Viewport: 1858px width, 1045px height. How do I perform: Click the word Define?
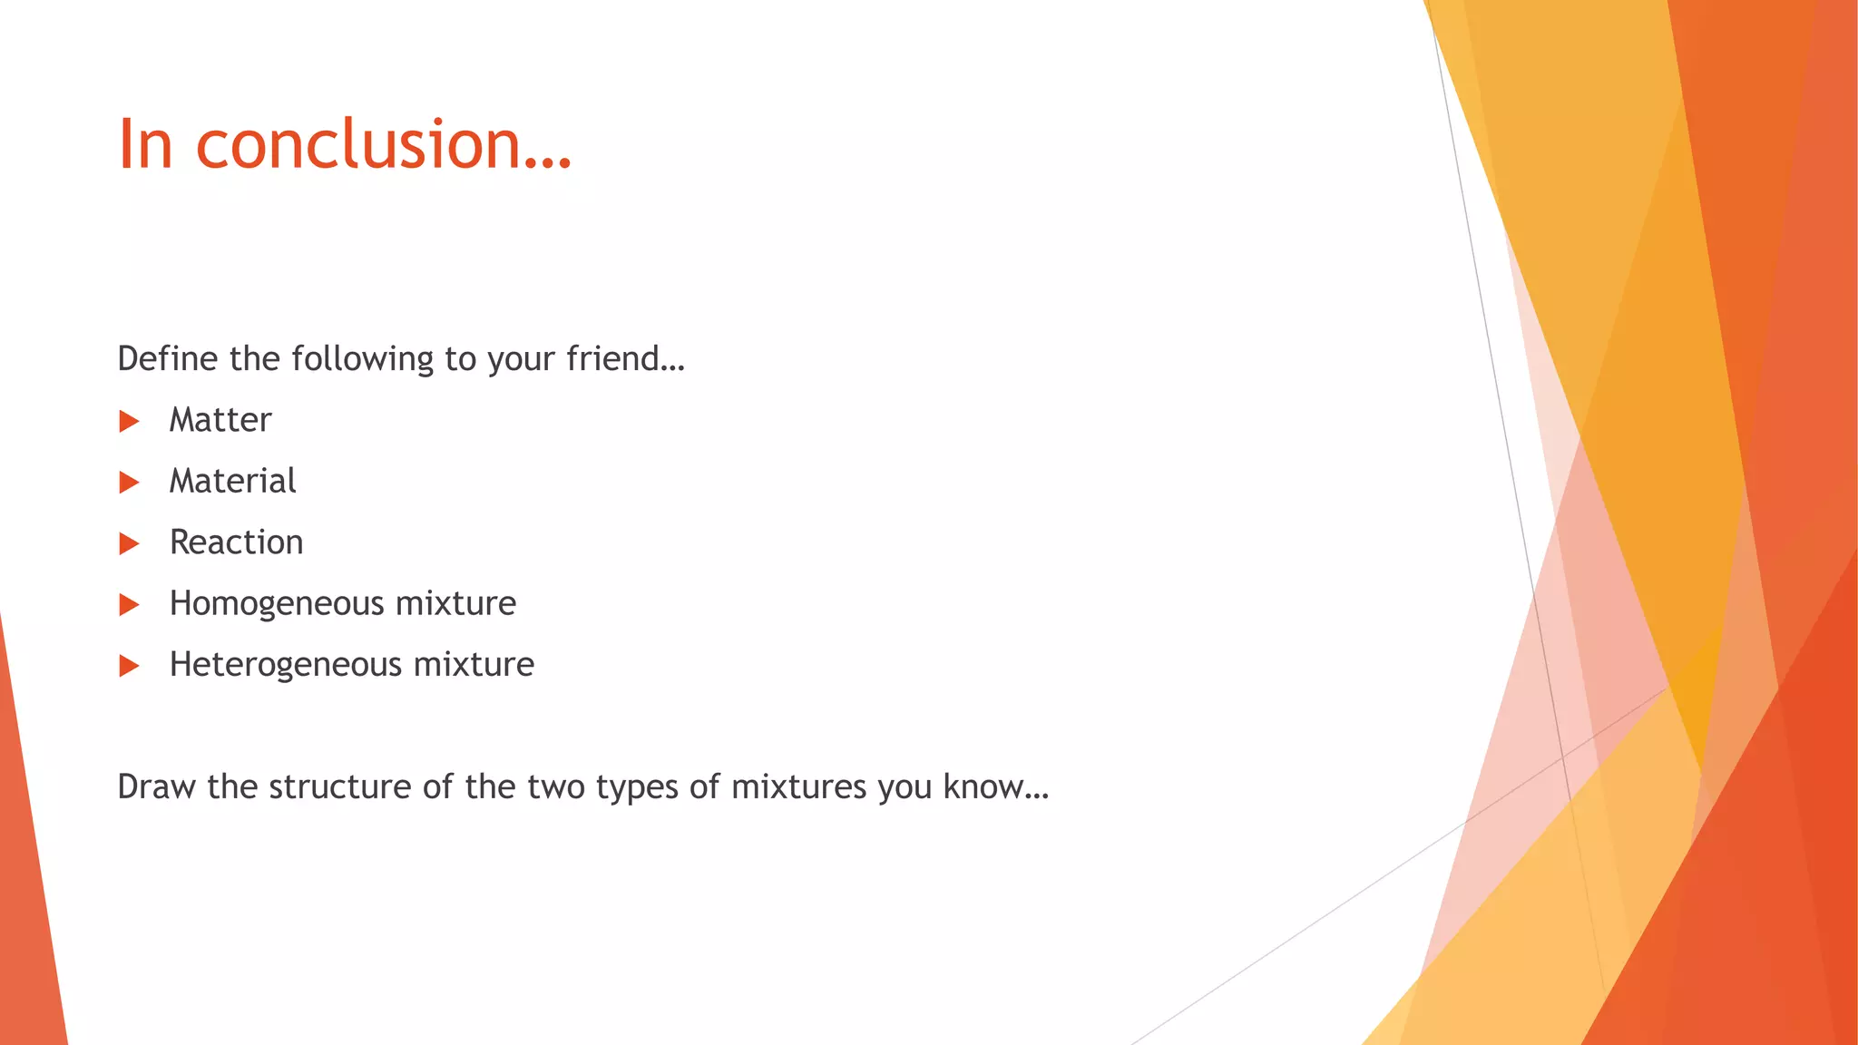tap(168, 359)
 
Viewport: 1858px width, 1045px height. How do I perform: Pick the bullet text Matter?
tap(220, 420)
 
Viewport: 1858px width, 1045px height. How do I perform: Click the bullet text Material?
tap(232, 481)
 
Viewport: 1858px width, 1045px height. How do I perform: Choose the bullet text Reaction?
tap(236, 542)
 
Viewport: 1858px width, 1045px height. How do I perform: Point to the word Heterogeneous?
tap(285, 665)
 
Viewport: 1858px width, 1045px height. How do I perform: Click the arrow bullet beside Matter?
tap(129, 421)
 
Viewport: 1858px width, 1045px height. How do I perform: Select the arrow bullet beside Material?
tap(129, 482)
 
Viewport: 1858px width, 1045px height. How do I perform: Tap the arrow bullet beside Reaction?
tap(129, 543)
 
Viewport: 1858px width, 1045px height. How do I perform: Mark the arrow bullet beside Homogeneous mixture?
tap(129, 604)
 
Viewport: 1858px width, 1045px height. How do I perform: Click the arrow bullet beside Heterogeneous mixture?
tap(129, 666)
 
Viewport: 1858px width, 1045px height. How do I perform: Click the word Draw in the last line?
tap(156, 786)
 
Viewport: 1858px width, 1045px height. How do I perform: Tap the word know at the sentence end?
tap(983, 786)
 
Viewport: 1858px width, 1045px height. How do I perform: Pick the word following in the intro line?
tap(363, 359)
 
